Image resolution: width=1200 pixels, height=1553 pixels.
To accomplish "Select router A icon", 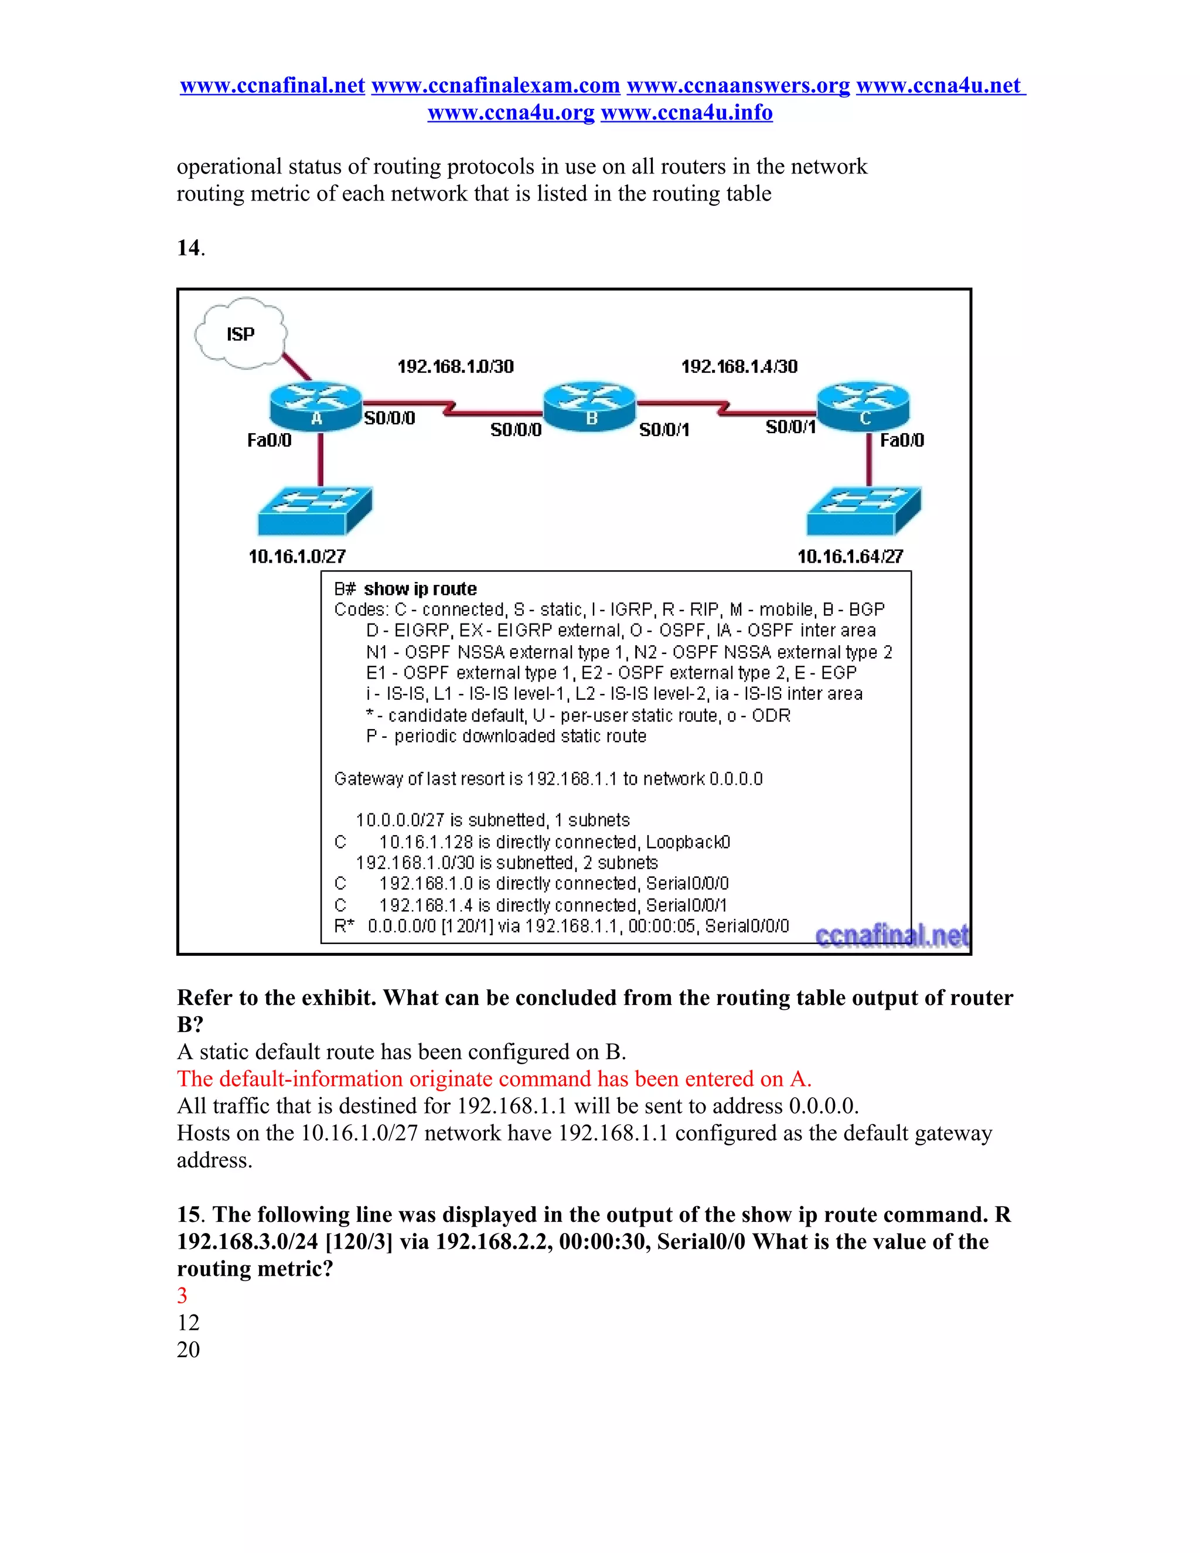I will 316,407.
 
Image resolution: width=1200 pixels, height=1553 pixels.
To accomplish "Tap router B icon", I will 589,406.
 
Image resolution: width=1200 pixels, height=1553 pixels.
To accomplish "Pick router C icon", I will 863,406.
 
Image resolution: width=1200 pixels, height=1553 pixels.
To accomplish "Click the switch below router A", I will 315,510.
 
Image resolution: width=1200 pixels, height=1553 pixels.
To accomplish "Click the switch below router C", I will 864,510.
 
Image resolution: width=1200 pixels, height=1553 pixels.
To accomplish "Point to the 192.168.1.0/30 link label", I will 455,367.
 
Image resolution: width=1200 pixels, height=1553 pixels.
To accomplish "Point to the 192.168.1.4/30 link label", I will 739,367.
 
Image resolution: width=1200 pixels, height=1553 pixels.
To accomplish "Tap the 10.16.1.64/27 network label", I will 850,557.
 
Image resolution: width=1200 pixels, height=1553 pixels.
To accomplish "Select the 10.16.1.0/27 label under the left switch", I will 297,557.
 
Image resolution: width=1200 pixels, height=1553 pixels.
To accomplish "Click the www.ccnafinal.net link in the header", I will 272,86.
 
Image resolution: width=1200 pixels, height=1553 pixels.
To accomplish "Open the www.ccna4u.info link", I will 687,113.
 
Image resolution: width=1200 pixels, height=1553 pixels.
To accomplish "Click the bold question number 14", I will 189,248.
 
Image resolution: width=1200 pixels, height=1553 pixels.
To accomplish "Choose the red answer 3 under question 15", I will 183,1296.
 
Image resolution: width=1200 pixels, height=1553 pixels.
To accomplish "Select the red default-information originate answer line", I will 494,1079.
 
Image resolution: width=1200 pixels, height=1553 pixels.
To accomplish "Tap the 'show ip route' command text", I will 420,589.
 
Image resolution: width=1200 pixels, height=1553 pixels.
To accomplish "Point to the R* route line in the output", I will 561,926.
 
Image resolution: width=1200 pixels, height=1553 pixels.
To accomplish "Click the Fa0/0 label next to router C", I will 901,441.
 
